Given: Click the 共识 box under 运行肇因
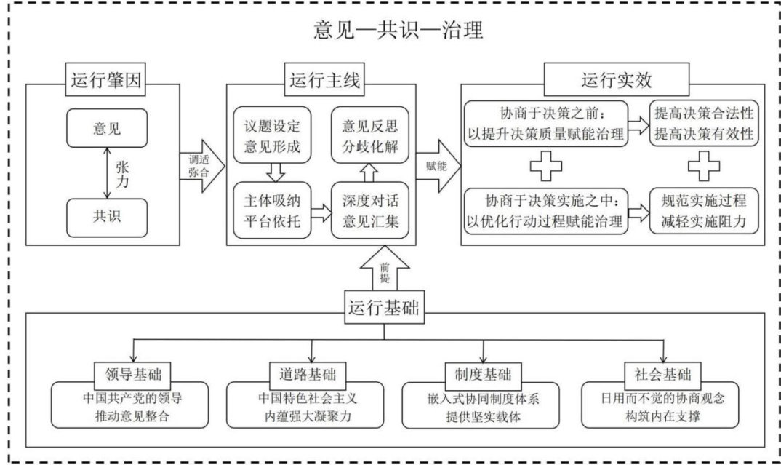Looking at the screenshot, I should tap(107, 215).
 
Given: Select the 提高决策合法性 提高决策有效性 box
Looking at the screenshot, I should tap(703, 124).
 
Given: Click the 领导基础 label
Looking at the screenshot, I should tap(133, 375).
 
